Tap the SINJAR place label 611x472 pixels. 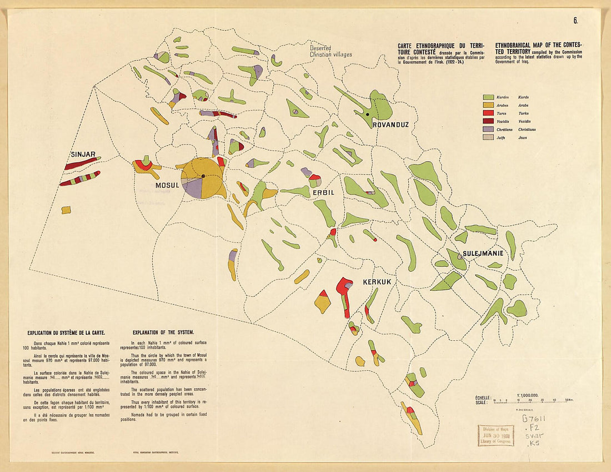point(83,154)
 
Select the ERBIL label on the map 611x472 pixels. point(324,192)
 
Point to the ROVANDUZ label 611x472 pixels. point(390,125)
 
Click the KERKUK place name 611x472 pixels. point(377,282)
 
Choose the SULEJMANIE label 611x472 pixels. point(483,254)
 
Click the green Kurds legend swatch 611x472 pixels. point(489,97)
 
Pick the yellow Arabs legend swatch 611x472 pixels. point(489,105)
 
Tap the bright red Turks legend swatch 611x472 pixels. point(489,113)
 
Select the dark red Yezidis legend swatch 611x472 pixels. point(489,121)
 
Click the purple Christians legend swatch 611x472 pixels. point(489,130)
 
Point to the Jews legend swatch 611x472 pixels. point(489,137)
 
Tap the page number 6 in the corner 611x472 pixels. point(576,21)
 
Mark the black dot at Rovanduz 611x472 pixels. point(368,115)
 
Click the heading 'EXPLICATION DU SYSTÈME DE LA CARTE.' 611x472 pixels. point(66,332)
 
